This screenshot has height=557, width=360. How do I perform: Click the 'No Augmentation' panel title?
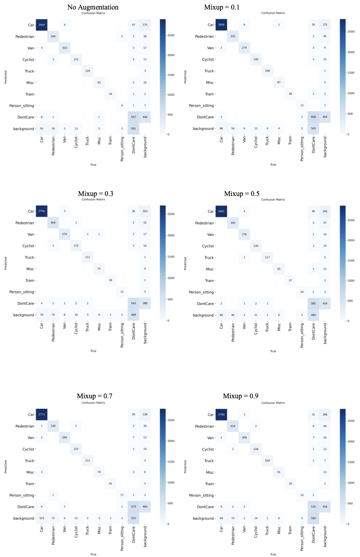93,7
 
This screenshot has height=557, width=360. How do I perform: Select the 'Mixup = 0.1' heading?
222,7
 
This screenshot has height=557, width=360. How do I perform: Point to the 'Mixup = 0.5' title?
242,194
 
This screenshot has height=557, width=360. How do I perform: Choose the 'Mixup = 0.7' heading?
94,396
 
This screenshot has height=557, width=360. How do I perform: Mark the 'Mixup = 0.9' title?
241,396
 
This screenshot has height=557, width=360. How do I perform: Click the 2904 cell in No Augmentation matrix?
42,25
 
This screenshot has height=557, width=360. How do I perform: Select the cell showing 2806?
221,25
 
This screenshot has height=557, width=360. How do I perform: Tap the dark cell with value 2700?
42,211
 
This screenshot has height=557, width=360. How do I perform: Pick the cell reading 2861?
221,211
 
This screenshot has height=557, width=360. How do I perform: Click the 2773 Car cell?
42,414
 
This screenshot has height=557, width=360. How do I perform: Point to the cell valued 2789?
221,415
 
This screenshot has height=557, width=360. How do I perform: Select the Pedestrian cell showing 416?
233,426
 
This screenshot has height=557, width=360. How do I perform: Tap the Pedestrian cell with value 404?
53,223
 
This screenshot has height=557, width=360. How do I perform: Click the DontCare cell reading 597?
134,117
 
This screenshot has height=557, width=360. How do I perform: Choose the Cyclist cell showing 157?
76,449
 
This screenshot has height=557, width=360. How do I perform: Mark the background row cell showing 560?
313,519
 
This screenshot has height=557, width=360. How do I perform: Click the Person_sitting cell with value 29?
302,292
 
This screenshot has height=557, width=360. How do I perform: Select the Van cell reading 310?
65,48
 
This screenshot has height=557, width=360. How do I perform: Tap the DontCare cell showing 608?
313,117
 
